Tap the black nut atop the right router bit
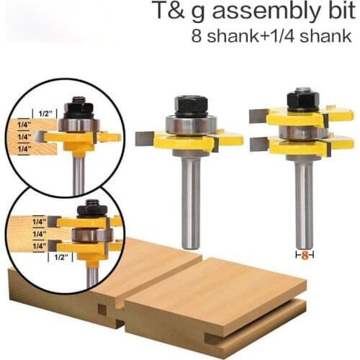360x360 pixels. [302, 99]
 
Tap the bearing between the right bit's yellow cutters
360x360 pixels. [302, 132]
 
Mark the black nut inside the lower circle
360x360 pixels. [91, 208]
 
